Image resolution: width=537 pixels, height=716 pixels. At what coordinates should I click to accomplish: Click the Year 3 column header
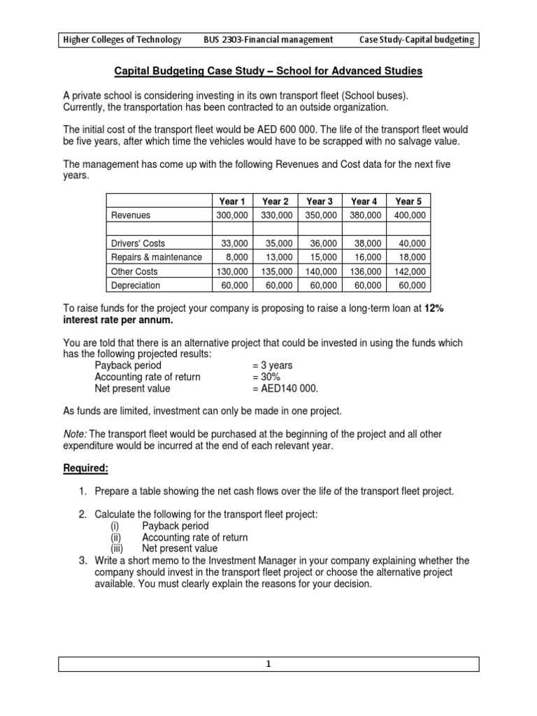pos(320,201)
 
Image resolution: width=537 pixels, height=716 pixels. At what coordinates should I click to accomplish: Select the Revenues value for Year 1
pos(231,215)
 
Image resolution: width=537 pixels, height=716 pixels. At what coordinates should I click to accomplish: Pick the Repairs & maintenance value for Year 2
pos(278,257)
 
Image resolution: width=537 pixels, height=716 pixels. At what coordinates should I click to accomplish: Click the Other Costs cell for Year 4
pos(365,271)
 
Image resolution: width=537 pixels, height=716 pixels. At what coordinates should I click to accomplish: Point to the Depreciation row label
pos(135,285)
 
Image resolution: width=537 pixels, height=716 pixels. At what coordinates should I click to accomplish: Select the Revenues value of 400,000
pos(410,215)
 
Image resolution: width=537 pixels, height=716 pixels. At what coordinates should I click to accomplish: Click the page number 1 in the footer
pos(268,665)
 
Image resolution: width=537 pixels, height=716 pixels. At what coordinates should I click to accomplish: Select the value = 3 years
pos(273,365)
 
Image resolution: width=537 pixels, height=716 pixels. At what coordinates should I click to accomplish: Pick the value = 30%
pos(266,377)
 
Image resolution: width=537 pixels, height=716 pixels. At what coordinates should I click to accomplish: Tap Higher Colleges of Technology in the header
pos(121,40)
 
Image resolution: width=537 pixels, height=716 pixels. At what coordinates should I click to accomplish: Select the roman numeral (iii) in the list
pos(117,549)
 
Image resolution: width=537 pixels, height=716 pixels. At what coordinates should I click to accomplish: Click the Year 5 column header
pos(408,201)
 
